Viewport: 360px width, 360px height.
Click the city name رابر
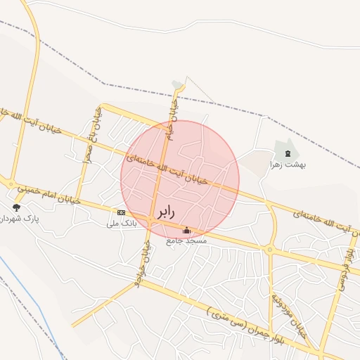pos(162,210)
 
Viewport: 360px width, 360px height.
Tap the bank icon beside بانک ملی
pos(121,212)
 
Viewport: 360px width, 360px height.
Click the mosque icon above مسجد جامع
pos(186,230)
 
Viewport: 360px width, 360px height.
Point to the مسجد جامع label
pos(186,241)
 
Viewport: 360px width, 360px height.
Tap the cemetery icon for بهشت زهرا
pos(287,153)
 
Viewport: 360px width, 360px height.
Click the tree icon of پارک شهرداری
pos(16,207)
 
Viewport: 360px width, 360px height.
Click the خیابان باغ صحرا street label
pos(89,139)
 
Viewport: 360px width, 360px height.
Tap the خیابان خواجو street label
pos(143,263)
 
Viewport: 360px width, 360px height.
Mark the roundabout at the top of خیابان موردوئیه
pos(269,249)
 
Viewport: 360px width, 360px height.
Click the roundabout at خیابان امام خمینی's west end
pos(11,184)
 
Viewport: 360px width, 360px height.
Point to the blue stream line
pos(28,296)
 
